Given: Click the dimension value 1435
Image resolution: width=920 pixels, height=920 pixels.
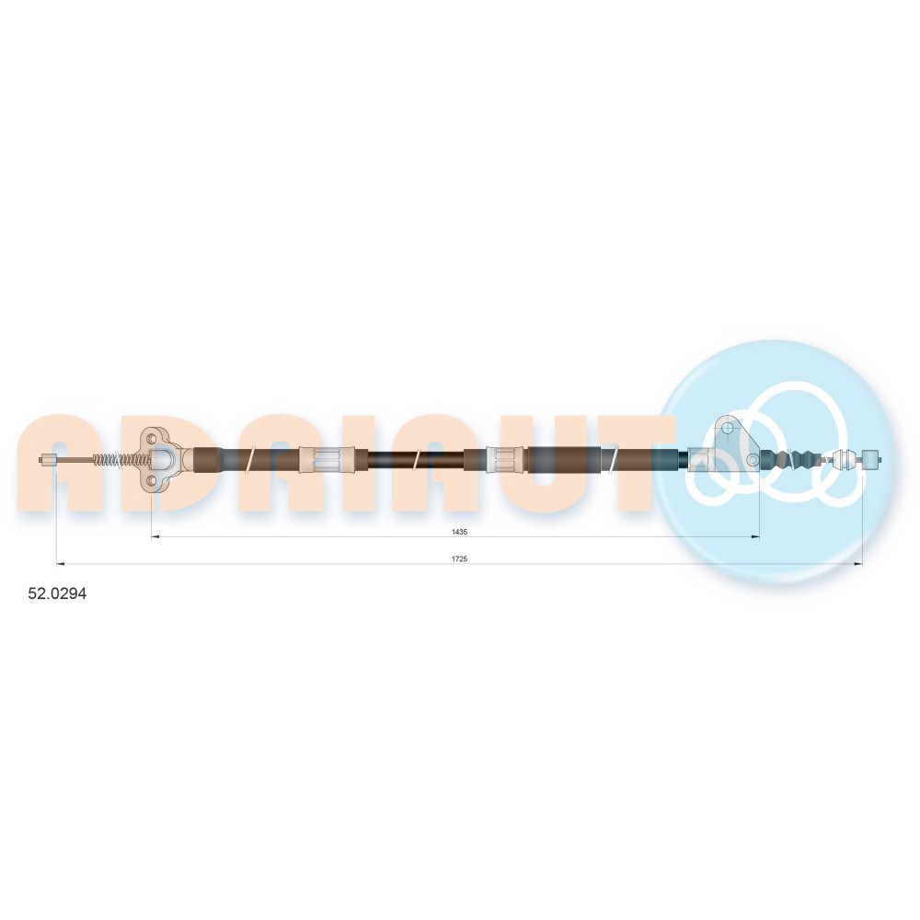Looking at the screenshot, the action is coord(459,532).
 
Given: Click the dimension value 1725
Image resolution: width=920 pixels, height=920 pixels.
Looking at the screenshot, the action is coord(459,559).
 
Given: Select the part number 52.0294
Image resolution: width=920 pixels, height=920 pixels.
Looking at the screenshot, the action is coord(57,593).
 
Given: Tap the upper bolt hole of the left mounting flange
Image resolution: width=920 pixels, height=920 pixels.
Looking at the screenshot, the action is coord(152,439).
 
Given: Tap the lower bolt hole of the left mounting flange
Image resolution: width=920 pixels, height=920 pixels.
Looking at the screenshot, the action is coord(152,481).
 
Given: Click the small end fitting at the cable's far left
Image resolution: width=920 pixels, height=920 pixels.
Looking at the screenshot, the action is coord(48,460).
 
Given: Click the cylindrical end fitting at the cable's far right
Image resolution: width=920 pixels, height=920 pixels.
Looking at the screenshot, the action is coord(870,459).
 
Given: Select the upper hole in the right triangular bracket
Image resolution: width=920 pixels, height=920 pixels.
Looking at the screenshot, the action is coord(728,428).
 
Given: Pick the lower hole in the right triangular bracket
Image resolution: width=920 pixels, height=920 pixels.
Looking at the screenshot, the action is coord(753,460).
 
